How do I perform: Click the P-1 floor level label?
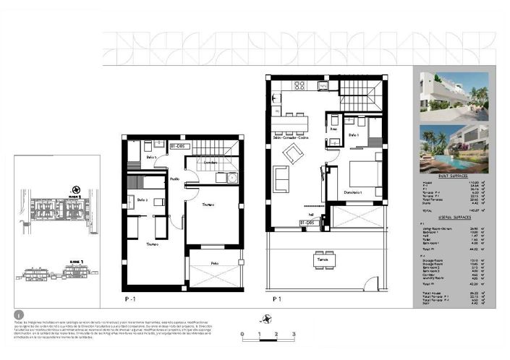pyautogui.click(x=130, y=297)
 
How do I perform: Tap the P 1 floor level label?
pyautogui.click(x=276, y=297)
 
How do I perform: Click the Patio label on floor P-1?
pyautogui.click(x=215, y=263)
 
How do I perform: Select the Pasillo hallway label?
pyautogui.click(x=175, y=179)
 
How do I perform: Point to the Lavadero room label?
pyautogui.click(x=210, y=163)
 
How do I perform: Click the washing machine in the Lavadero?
pyautogui.click(x=231, y=178)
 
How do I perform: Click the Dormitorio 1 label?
pyautogui.click(x=352, y=191)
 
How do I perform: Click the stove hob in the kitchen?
pyautogui.click(x=299, y=85)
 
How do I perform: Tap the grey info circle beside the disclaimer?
pyautogui.click(x=19, y=315)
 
